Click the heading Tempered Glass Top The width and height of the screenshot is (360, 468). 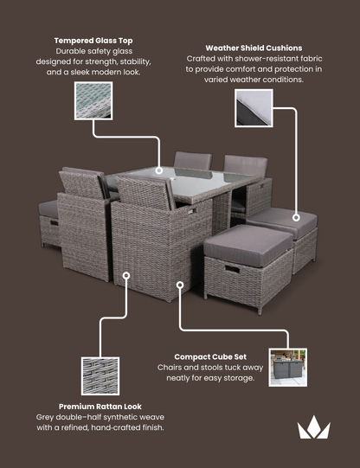point(93,41)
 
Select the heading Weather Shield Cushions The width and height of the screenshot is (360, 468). point(254,48)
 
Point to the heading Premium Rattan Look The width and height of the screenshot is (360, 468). point(100,406)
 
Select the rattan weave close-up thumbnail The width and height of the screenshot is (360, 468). point(100,375)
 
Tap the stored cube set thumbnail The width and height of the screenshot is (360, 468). point(288,367)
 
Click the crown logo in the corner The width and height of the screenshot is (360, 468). point(314,427)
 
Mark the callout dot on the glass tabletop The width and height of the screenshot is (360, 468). point(160,170)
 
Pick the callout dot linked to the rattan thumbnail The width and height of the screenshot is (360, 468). point(126,276)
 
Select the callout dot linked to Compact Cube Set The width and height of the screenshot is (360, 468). point(180,282)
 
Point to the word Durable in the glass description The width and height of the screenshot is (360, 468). point(73,52)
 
